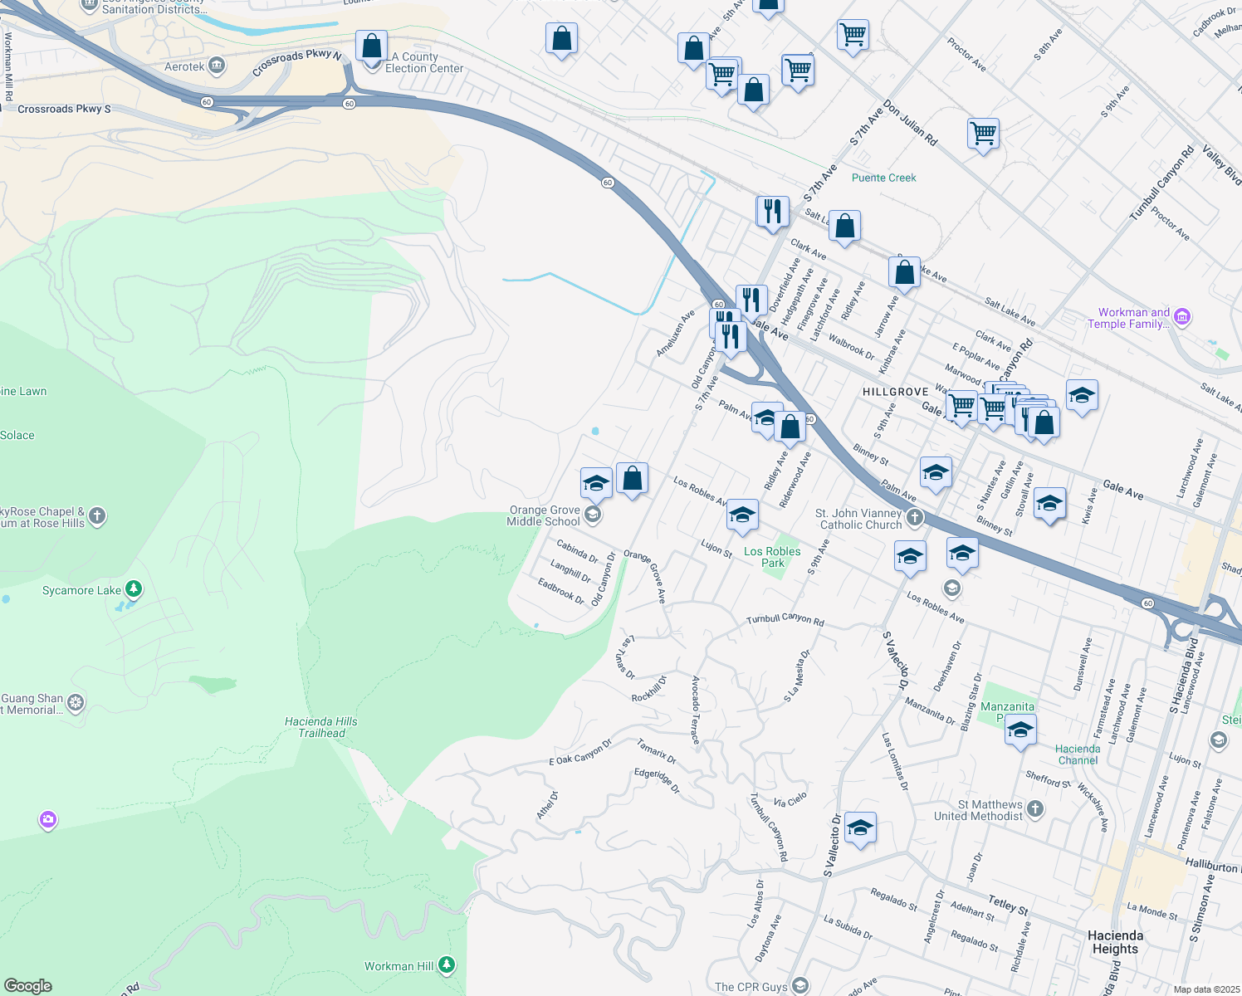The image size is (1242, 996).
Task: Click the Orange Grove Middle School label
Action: click(544, 516)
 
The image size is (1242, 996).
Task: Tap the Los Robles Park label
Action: click(772, 557)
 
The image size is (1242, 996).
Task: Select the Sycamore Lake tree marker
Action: click(134, 590)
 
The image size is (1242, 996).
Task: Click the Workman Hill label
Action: click(399, 966)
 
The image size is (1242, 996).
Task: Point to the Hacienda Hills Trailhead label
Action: click(321, 727)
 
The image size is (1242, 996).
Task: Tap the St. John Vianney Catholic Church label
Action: click(860, 520)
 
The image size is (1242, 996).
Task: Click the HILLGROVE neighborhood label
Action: click(895, 392)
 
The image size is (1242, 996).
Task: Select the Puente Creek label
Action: click(883, 178)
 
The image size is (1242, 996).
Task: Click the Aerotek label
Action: click(184, 66)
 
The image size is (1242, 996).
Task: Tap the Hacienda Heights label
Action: click(1115, 942)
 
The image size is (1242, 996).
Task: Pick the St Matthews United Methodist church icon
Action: click(1034, 808)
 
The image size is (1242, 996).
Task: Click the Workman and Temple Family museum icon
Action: click(1182, 316)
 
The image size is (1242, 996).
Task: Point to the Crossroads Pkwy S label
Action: click(64, 109)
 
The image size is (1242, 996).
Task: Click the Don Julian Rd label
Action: click(910, 124)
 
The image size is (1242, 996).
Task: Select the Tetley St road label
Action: click(1008, 905)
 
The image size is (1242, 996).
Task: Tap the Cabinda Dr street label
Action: click(577, 551)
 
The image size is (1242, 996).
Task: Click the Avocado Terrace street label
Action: click(696, 710)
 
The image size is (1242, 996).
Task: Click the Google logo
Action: click(28, 985)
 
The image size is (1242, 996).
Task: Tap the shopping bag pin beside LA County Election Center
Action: click(371, 46)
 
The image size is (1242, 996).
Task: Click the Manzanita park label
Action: click(1007, 707)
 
